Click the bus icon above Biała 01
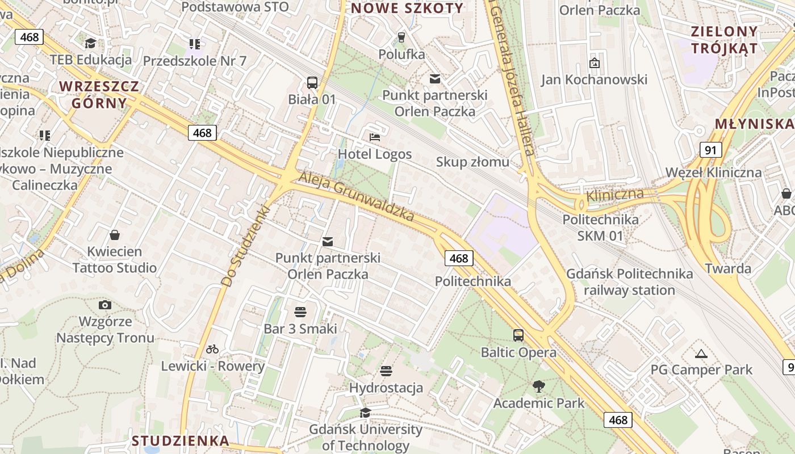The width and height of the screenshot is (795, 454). pos(312,82)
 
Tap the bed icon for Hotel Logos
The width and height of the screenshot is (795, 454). pos(374,137)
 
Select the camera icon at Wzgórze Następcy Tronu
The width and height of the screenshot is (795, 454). pos(104,305)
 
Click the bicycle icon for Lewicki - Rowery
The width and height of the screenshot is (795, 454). pos(212,349)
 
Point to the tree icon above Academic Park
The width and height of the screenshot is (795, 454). pos(538,386)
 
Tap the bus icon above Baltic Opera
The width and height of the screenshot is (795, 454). pos(518,335)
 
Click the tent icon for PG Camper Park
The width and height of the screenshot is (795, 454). pos(701,354)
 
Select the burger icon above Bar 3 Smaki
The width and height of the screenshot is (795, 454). pos(300,312)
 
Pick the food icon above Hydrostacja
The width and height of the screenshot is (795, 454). pos(386,371)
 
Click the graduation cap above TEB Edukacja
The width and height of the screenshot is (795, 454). pos(90,43)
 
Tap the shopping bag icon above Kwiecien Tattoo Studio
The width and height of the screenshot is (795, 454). pos(115,235)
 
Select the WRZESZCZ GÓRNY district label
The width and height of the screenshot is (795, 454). pos(99,95)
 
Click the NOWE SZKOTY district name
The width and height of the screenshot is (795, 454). pos(407,8)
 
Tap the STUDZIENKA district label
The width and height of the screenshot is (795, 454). pos(181,440)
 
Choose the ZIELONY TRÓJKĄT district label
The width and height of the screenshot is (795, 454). pos(724,40)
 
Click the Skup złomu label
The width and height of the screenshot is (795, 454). pos(472,162)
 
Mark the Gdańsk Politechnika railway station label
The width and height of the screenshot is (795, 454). pos(629,282)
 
